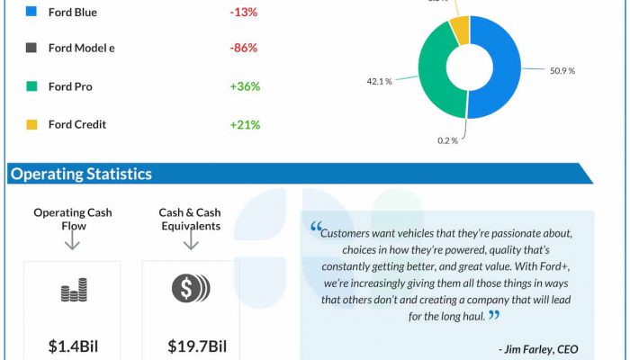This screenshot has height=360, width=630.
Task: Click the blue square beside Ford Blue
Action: coord(31,13)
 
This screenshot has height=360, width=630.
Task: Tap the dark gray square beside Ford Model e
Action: coord(31,48)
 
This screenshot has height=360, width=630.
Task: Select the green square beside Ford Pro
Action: coord(31,86)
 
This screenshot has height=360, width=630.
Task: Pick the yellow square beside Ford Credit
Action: coord(31,124)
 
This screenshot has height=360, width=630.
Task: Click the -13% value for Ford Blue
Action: coord(245,13)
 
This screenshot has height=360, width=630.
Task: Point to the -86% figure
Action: coord(245,48)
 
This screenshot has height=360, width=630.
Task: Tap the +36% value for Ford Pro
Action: coord(245,86)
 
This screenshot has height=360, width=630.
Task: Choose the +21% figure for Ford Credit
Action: coord(245,124)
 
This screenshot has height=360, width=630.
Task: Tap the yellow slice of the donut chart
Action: coord(459,29)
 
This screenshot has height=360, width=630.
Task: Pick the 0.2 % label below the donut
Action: coord(448,140)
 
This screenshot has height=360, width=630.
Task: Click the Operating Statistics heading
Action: coord(81,174)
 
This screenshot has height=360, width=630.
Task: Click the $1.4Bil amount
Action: coord(73,346)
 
